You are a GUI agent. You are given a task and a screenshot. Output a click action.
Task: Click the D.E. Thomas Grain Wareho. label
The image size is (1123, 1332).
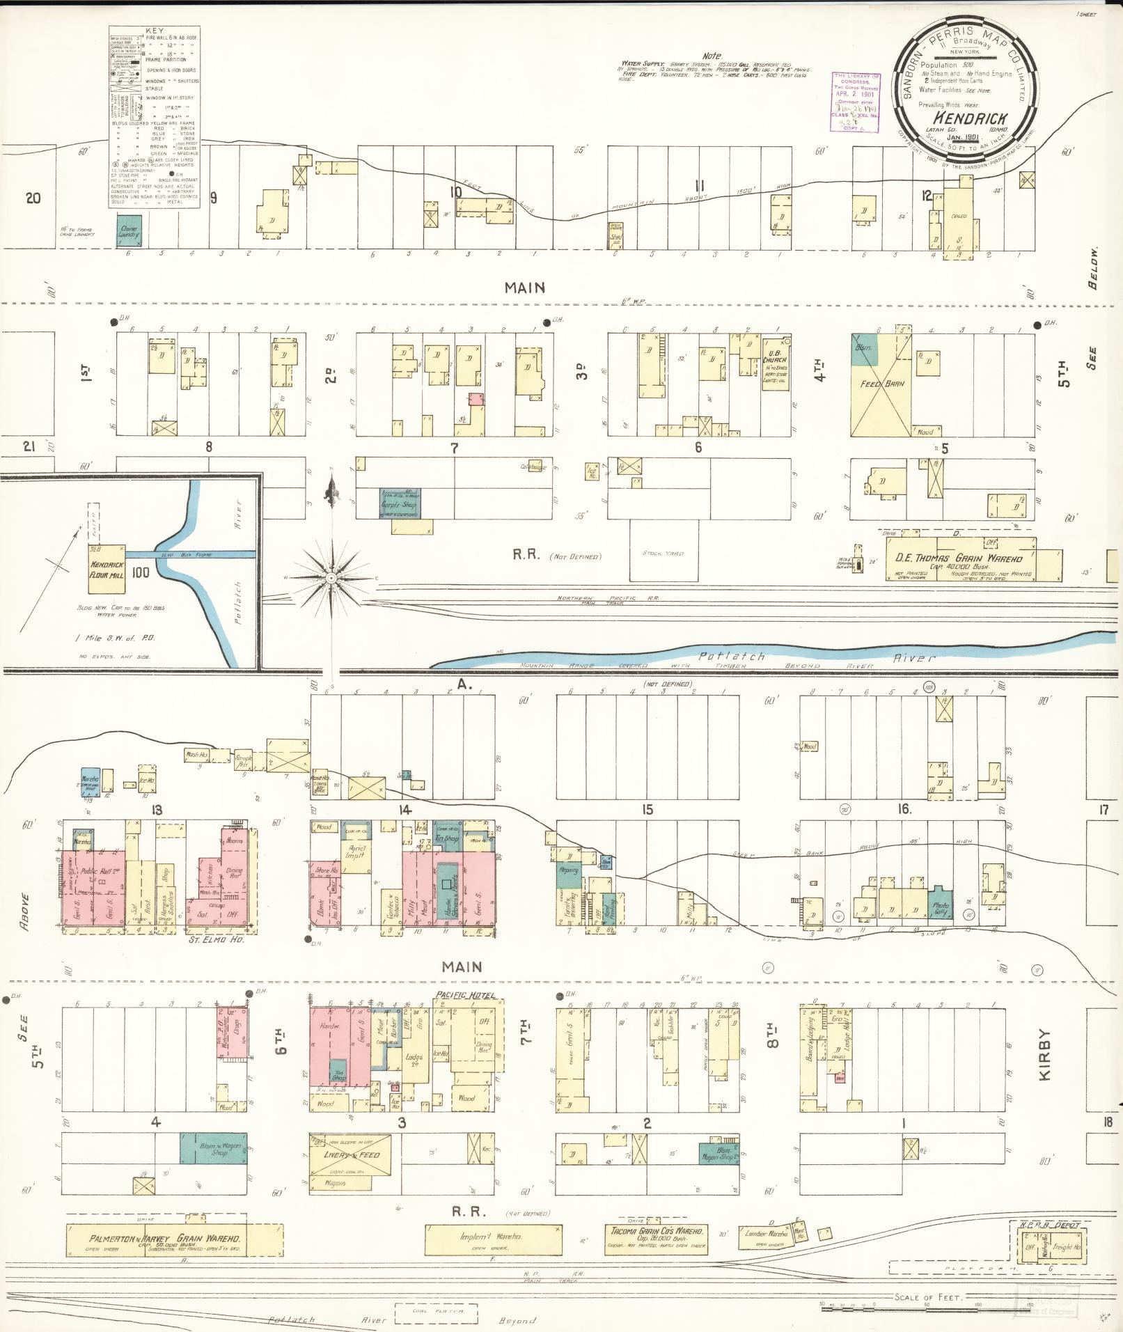pos(959,558)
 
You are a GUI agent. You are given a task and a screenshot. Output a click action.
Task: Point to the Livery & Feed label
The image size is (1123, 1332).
pos(352,1155)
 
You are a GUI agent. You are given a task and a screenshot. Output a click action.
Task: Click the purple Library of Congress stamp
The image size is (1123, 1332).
pos(856,102)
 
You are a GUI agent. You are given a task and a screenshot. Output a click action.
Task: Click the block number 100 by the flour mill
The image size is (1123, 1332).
pos(141,573)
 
